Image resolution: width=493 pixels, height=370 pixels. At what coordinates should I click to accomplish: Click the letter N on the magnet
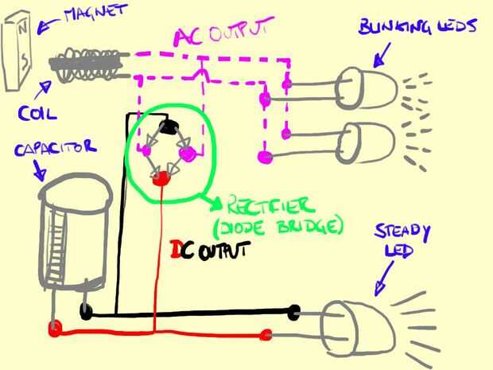[x=22, y=29]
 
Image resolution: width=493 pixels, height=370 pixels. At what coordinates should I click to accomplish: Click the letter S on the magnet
[x=25, y=62]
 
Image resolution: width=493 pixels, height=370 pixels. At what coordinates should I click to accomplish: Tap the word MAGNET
[x=95, y=14]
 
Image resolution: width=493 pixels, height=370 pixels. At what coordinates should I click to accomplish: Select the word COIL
[x=37, y=113]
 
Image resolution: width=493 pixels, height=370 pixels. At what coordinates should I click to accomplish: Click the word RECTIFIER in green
[x=270, y=206]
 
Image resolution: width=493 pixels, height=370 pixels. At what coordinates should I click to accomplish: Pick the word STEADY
[x=402, y=232]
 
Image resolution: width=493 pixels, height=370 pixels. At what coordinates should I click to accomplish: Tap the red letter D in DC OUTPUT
[x=175, y=249]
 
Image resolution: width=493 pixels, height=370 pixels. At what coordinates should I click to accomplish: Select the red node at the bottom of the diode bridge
[x=161, y=179]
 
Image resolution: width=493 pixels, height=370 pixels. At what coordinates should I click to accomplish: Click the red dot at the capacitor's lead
[x=55, y=328]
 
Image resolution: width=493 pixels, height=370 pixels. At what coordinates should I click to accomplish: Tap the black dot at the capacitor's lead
[x=86, y=311]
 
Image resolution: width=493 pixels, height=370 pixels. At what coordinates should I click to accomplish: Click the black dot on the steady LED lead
[x=294, y=313]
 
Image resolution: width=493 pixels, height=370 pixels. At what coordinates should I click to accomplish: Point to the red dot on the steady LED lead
[x=266, y=335]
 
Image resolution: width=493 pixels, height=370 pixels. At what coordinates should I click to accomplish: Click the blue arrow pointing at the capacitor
[x=39, y=170]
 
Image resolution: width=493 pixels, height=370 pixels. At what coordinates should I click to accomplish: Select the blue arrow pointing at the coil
[x=42, y=90]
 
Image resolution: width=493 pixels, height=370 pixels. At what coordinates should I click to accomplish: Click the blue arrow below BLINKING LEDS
[x=382, y=56]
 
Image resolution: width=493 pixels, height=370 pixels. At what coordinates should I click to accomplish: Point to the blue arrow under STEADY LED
[x=383, y=278]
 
